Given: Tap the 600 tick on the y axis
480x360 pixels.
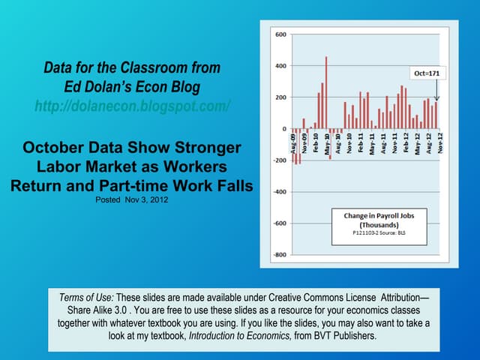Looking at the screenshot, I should tap(279, 34).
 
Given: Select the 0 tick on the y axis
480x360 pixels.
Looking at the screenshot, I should tap(282, 129).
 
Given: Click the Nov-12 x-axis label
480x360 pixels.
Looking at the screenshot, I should tap(439, 142).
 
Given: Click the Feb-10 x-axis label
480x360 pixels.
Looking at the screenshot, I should tap(316, 142).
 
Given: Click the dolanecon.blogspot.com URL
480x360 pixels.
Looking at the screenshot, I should tap(132, 106).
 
